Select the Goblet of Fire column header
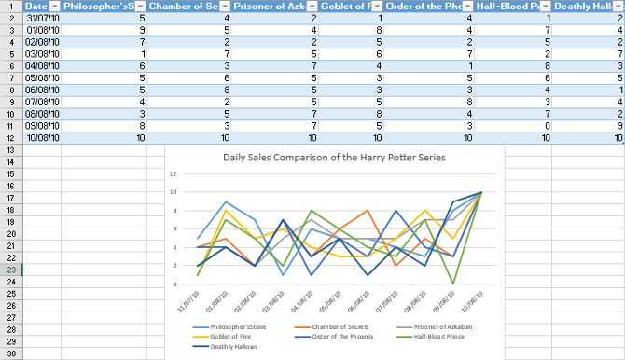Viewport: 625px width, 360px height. pos(350,6)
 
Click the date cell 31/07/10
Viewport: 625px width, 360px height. pos(42,18)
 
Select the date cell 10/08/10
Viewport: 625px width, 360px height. pos(42,137)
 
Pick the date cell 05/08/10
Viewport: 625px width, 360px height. pos(42,77)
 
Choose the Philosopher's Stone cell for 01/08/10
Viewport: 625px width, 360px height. pos(103,30)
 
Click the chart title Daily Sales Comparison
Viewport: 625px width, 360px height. pos(334,157)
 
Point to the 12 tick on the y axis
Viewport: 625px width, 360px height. pos(174,174)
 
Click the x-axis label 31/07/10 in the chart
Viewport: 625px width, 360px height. pos(189,301)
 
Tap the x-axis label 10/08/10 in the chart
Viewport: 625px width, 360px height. pos(472,301)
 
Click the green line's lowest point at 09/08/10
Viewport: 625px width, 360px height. pos(454,283)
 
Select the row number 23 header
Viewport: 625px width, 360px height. pos(10,270)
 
